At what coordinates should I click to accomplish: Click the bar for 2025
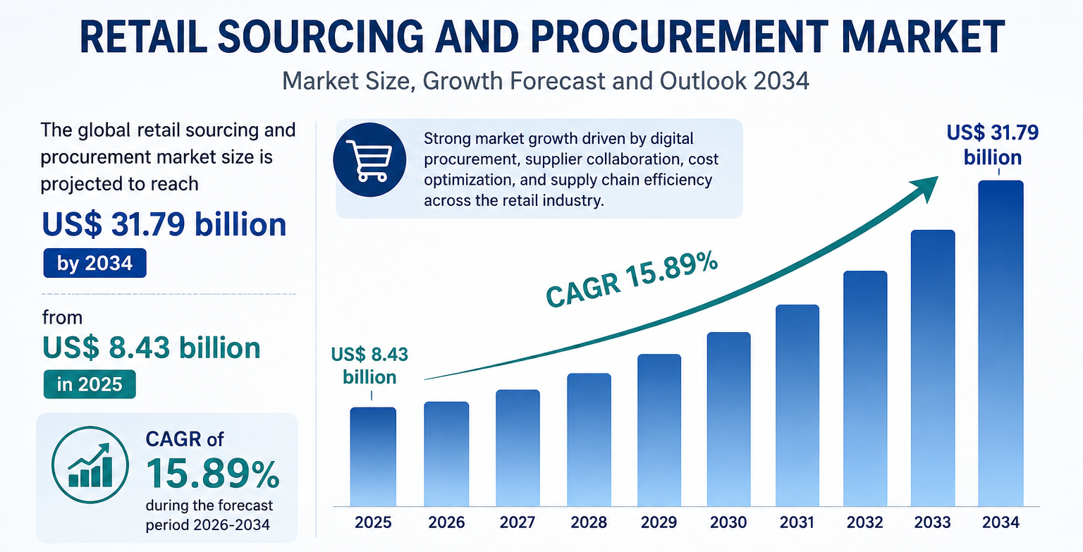[x=373, y=457]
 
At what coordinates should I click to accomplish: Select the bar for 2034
[x=1001, y=343]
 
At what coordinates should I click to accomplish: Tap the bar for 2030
[x=728, y=419]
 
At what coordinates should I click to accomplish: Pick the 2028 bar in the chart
[x=589, y=440]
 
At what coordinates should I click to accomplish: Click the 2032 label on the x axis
[x=865, y=522]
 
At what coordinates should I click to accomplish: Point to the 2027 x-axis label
[x=518, y=522]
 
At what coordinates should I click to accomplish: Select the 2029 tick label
[x=659, y=522]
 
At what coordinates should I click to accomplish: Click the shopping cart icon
[x=370, y=160]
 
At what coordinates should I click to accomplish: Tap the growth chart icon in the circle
[x=90, y=465]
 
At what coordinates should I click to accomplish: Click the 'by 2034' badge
[x=94, y=263]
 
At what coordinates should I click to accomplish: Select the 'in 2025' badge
[x=90, y=384]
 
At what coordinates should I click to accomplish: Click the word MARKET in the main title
[x=923, y=37]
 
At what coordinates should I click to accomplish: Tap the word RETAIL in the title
[x=143, y=37]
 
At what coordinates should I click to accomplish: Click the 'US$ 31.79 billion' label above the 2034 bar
[x=993, y=145]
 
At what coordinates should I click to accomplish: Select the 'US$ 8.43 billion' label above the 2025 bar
[x=370, y=366]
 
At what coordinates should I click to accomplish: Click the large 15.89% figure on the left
[x=213, y=474]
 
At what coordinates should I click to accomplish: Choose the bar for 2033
[x=933, y=368]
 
